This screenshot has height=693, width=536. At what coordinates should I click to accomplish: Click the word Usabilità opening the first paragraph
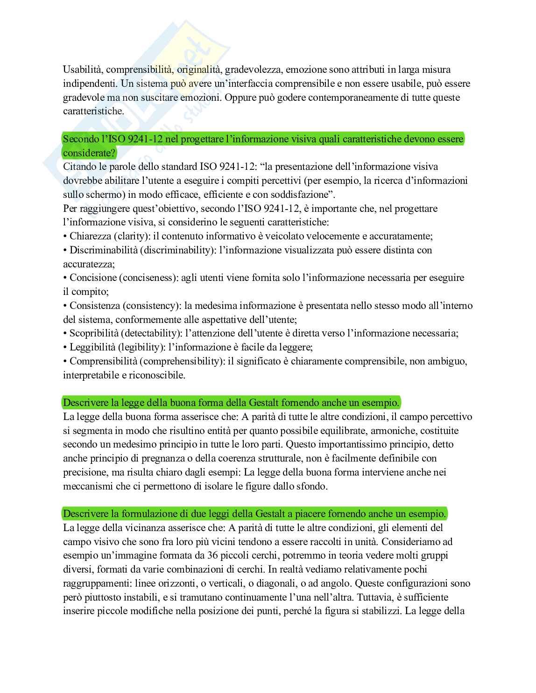point(83,70)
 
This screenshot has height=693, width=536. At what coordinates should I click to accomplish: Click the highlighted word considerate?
point(89,153)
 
